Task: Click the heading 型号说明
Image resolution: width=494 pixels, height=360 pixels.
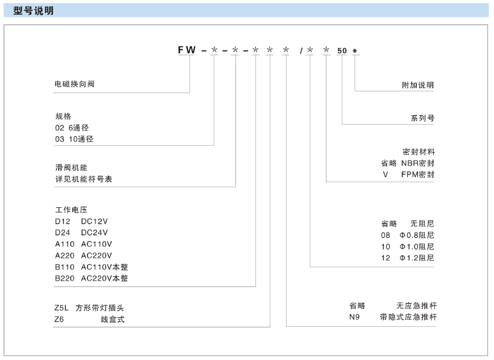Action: point(33,11)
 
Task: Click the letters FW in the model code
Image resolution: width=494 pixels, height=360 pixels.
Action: point(187,50)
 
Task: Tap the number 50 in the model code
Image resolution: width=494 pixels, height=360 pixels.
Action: point(342,51)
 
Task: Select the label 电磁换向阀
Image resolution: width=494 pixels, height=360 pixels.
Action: point(75,84)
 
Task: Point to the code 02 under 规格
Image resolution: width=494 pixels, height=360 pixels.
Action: point(60,128)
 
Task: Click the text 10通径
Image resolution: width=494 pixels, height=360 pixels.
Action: point(81,139)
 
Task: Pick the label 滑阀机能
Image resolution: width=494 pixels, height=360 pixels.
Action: point(72,168)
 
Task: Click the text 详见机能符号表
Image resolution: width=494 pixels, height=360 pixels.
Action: point(84,179)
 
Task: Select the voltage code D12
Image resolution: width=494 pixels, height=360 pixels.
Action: point(62,221)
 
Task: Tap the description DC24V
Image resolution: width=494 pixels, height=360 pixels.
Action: point(94,233)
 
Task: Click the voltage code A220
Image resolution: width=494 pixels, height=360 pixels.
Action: point(65,256)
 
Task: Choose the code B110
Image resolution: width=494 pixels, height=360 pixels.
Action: point(65,267)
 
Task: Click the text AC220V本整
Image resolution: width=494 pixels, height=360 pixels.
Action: point(104,279)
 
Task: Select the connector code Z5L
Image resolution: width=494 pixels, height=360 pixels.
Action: point(61,308)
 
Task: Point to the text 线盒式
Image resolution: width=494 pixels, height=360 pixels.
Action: point(113,320)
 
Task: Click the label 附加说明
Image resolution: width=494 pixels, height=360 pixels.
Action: point(418,85)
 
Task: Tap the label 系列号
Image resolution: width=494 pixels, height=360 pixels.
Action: point(422,118)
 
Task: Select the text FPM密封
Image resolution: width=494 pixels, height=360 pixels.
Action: point(418,175)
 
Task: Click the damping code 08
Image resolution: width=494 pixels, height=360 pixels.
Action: point(385,235)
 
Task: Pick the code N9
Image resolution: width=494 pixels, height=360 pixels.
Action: point(355,317)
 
